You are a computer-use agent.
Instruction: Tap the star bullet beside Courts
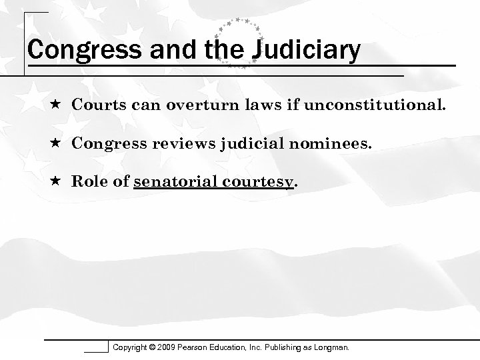[x=58, y=105]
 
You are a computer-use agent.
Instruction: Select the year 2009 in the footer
[x=167, y=347]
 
